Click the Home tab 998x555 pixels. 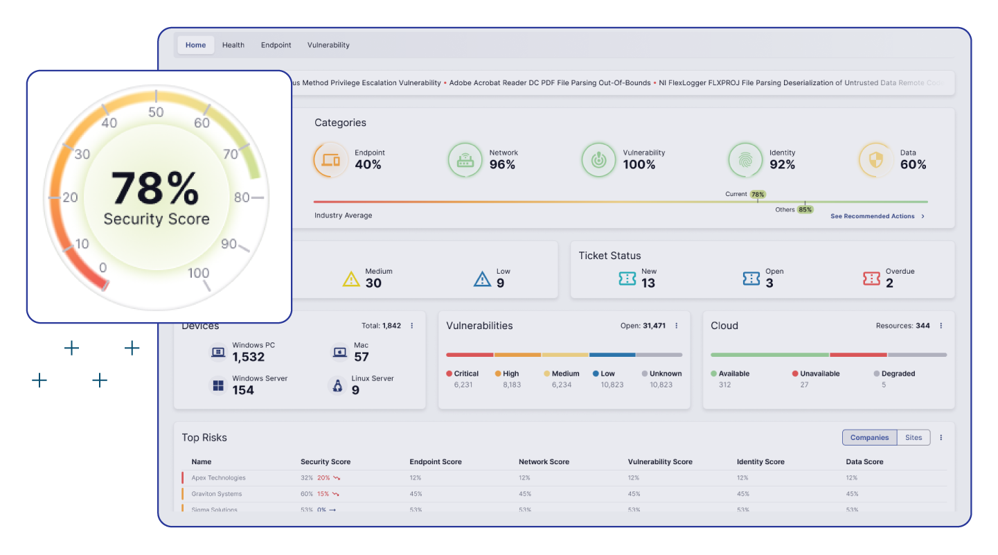click(x=195, y=45)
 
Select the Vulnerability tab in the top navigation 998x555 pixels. click(x=328, y=45)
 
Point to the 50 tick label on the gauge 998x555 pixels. click(x=156, y=112)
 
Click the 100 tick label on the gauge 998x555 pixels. click(x=198, y=273)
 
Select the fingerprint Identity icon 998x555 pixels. click(x=745, y=160)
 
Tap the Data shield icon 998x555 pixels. click(x=875, y=160)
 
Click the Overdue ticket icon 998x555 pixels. click(x=871, y=279)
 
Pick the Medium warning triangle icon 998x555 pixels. click(x=351, y=279)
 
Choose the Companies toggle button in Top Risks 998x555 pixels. click(x=869, y=437)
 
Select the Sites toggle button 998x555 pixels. click(x=914, y=437)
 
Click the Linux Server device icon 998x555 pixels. click(x=337, y=385)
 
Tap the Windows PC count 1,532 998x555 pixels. click(x=249, y=357)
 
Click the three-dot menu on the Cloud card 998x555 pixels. click(x=941, y=326)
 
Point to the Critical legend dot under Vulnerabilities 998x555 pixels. click(x=449, y=373)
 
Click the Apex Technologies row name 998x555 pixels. click(x=218, y=477)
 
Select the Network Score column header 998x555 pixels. click(x=544, y=461)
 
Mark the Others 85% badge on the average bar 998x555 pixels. click(x=805, y=209)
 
